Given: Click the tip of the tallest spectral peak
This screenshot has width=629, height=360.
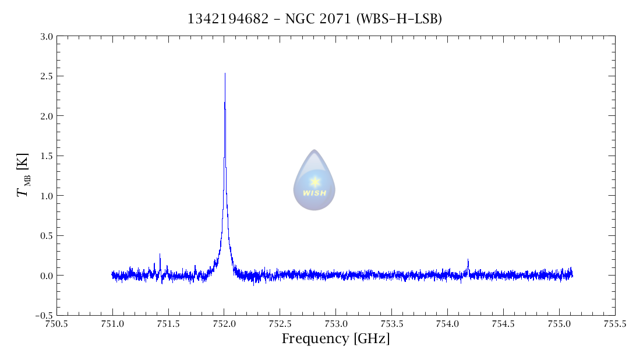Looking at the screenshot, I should click(225, 74).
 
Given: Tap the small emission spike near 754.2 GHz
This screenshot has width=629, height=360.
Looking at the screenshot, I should click(468, 260).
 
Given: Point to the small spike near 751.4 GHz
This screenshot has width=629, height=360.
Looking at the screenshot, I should click(160, 255).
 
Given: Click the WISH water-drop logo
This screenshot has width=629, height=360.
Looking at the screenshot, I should click(314, 180).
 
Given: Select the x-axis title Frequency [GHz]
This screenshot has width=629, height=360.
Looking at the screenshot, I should click(335, 339).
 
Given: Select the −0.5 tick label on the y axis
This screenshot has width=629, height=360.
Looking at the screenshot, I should click(44, 315).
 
